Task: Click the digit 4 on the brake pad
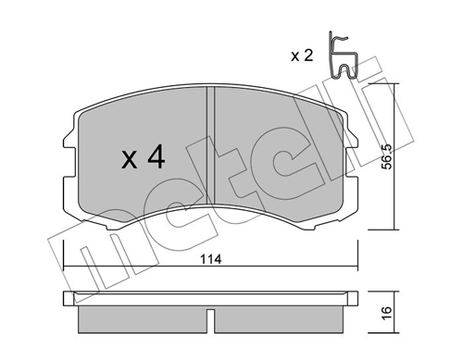155,159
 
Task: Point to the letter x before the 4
129,162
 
